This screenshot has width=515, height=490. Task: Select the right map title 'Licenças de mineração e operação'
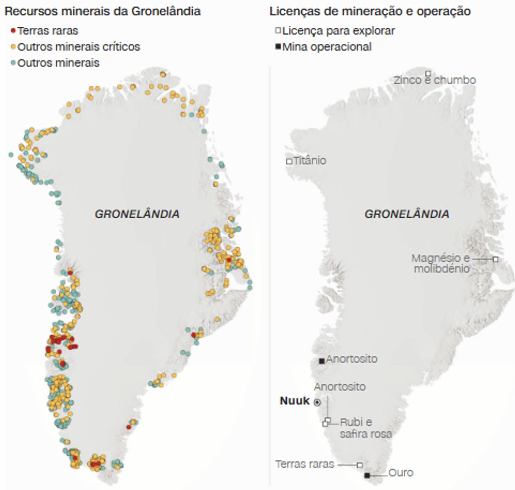[370, 11]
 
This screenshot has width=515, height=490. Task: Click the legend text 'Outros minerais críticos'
[78, 47]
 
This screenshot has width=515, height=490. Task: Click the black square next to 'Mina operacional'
[278, 47]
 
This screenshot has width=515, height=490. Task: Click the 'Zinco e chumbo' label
[435, 80]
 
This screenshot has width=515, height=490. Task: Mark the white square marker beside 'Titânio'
[289, 161]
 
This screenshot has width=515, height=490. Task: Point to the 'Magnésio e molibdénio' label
[441, 263]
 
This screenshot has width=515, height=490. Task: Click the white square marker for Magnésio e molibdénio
[495, 258]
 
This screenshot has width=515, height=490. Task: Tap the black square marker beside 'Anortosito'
[322, 360]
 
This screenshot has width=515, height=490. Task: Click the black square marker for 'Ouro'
[367, 476]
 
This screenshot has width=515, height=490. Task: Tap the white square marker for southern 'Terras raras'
[360, 464]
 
